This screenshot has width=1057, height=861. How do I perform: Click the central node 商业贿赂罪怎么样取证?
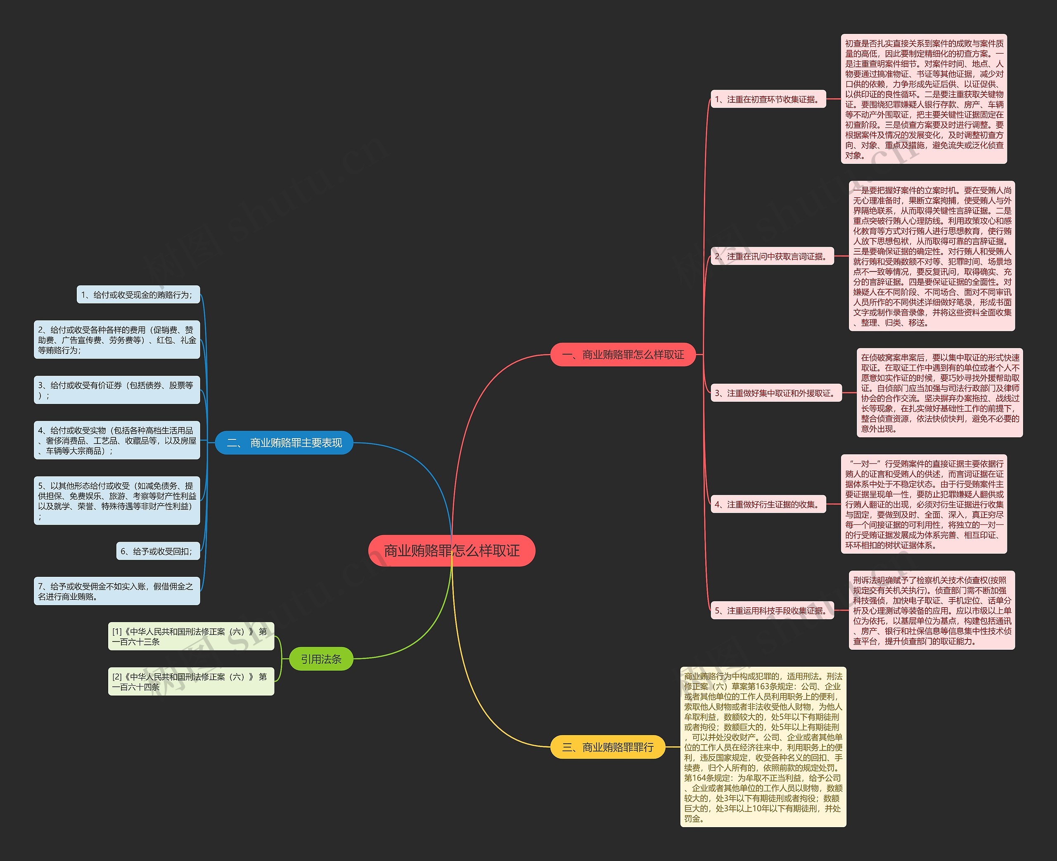[452, 550]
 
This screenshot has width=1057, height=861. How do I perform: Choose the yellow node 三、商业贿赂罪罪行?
[608, 747]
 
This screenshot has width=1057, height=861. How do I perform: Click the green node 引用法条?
[321, 659]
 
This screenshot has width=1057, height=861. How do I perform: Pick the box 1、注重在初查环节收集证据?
[768, 99]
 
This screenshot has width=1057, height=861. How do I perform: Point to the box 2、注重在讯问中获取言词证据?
[772, 257]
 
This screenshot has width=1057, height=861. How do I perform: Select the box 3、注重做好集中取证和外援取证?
[776, 393]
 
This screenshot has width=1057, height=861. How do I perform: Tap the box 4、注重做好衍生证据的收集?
[768, 505]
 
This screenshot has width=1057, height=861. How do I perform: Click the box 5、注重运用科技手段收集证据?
[772, 611]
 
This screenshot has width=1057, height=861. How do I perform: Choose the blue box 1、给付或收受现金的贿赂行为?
[138, 295]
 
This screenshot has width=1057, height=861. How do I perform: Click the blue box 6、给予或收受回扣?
[158, 551]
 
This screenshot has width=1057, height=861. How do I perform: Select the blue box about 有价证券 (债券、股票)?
[116, 390]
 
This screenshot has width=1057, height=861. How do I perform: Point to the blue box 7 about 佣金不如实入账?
[116, 591]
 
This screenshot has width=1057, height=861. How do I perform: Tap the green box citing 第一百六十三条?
[191, 636]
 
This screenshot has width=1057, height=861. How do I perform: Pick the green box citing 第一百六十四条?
[191, 682]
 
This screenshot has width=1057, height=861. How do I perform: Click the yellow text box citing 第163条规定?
[763, 747]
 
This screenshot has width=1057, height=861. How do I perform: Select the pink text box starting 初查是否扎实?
[924, 99]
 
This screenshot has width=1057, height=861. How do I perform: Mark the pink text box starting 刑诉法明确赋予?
[932, 611]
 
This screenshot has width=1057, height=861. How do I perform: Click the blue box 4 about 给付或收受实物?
[116, 441]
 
